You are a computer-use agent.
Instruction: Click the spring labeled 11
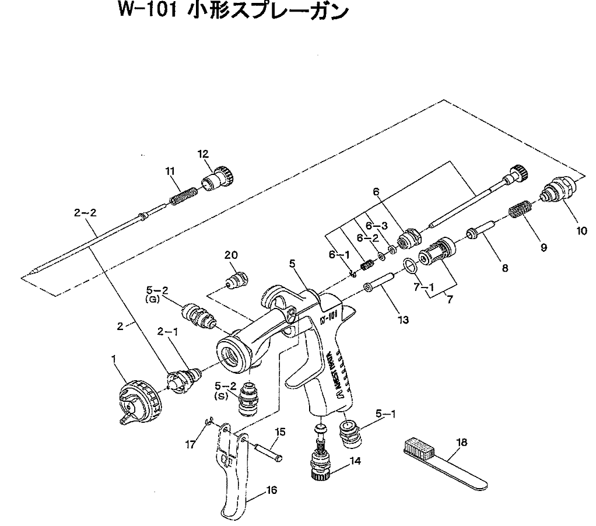(x=184, y=195)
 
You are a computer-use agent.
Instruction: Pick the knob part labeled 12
(x=219, y=178)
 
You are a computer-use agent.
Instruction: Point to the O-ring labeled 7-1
(x=410, y=266)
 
